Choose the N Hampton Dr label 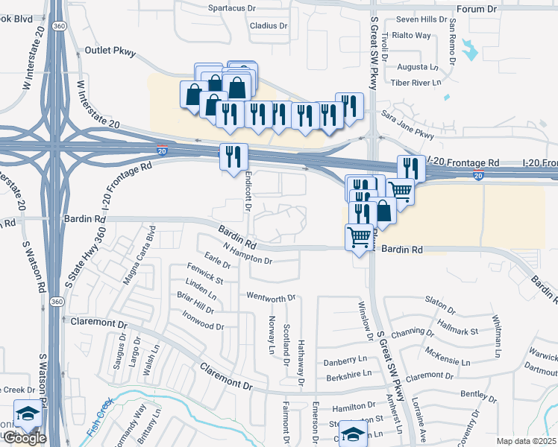248,254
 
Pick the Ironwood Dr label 201,326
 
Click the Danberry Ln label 345,361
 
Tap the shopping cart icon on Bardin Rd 359,238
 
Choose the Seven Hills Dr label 421,19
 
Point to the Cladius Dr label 269,25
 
